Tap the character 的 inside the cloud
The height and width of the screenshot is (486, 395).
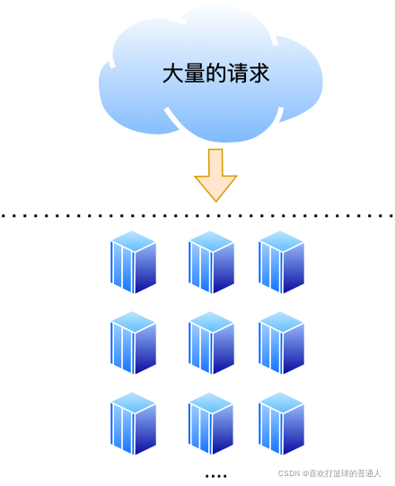215,74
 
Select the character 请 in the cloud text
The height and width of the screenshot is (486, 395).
237,74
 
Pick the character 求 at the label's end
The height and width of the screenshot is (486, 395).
259,74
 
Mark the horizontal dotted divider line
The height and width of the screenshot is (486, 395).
197,215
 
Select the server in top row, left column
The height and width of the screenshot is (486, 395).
133,262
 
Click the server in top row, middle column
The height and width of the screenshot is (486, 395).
211,262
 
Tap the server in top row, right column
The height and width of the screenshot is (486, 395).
281,262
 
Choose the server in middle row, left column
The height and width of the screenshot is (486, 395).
133,343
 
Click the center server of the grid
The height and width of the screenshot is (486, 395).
211,343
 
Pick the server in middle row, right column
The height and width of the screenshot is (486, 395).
281,343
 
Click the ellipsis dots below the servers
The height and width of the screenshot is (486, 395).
215,475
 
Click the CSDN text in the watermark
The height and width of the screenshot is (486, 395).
287,473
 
